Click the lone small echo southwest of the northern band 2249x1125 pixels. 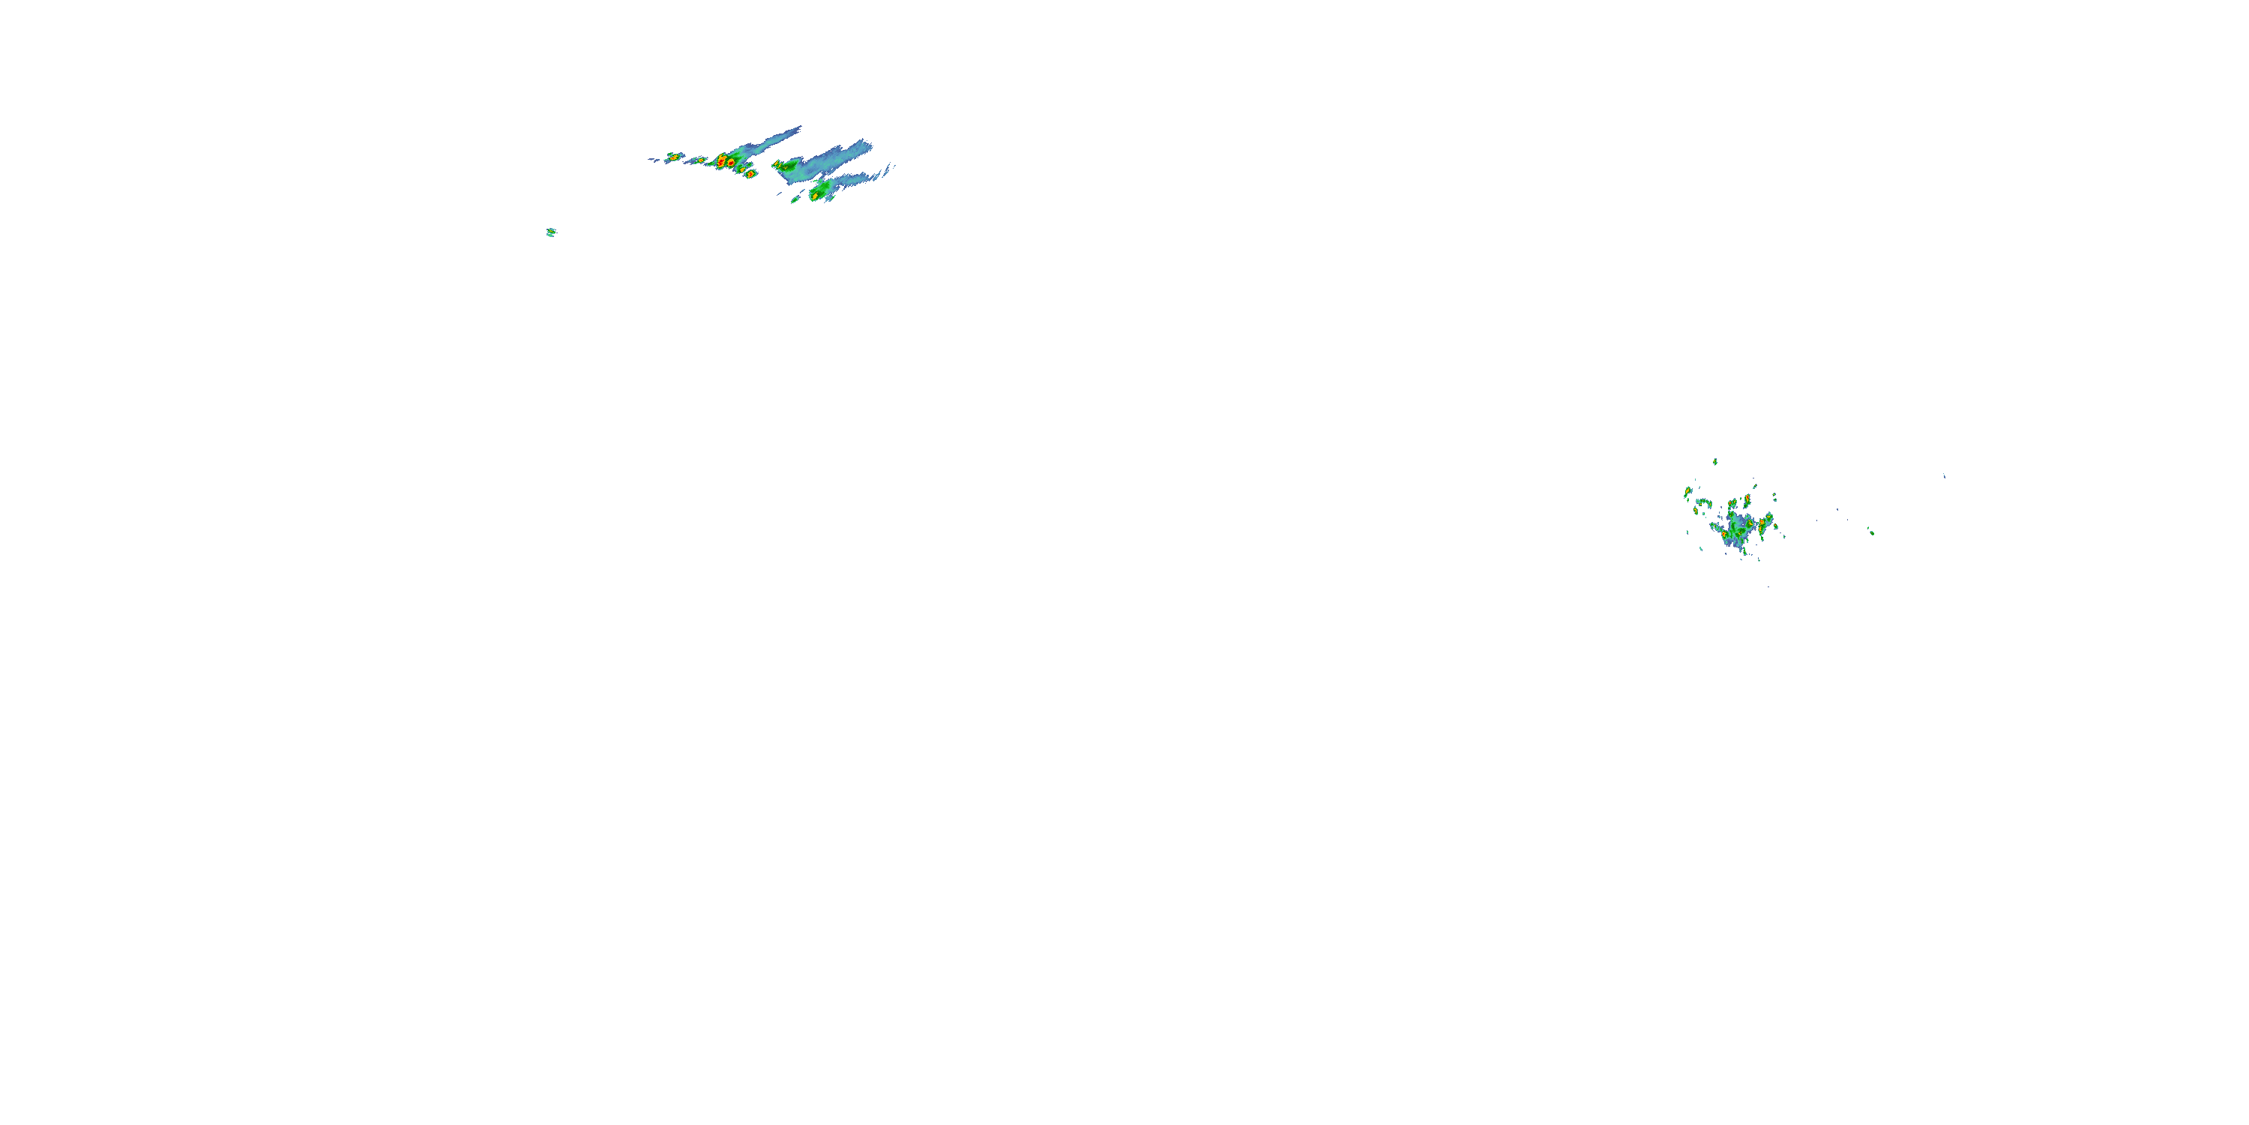pyautogui.click(x=551, y=232)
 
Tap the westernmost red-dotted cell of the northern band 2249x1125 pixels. pyautogui.click(x=672, y=157)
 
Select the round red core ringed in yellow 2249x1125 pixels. pyautogui.click(x=721, y=161)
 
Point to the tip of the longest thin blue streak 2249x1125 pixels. pyautogui.click(x=799, y=128)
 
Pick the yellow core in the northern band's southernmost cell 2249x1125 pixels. pyautogui.click(x=815, y=196)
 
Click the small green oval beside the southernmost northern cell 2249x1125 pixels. pyautogui.click(x=795, y=200)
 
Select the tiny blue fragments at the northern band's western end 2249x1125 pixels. pyautogui.click(x=652, y=159)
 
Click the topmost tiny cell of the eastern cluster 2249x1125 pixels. pyautogui.click(x=1715, y=461)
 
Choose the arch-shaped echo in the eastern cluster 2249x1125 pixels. pyautogui.click(x=1702, y=503)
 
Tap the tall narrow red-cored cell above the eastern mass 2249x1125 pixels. pyautogui.click(x=1747, y=501)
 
